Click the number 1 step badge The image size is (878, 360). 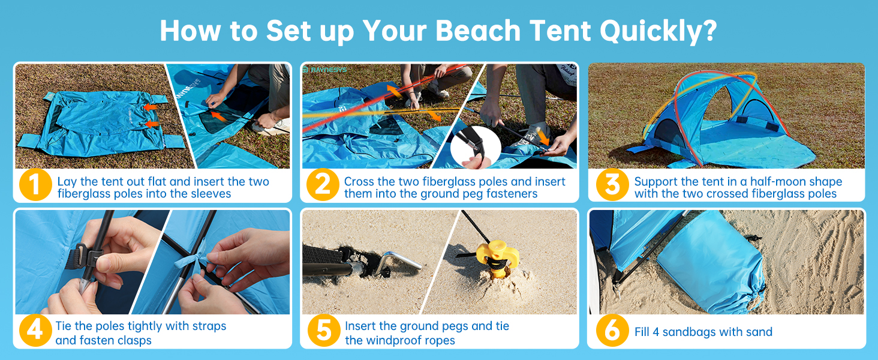[x=35, y=185]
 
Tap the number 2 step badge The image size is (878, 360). [x=323, y=185]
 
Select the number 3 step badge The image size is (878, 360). [x=612, y=185]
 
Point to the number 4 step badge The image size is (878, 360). [x=35, y=330]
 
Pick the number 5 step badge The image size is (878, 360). [x=324, y=330]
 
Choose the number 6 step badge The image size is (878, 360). [x=612, y=330]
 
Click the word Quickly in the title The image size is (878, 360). [x=659, y=31]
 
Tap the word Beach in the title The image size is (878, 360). [x=478, y=31]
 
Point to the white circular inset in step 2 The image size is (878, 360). [x=476, y=148]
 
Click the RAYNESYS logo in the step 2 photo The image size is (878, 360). [x=324, y=70]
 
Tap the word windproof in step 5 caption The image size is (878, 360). [x=409, y=340]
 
